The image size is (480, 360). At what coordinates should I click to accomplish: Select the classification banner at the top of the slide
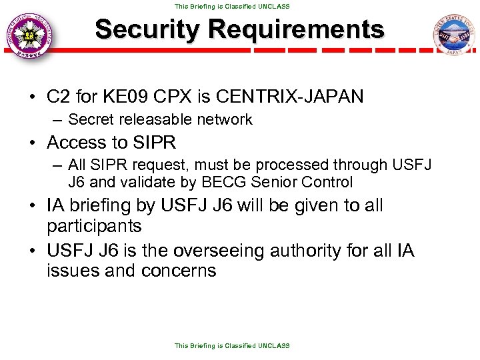click(232, 6)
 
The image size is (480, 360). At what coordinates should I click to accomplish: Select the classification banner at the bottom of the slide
click(232, 345)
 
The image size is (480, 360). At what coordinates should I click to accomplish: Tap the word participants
click(94, 226)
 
